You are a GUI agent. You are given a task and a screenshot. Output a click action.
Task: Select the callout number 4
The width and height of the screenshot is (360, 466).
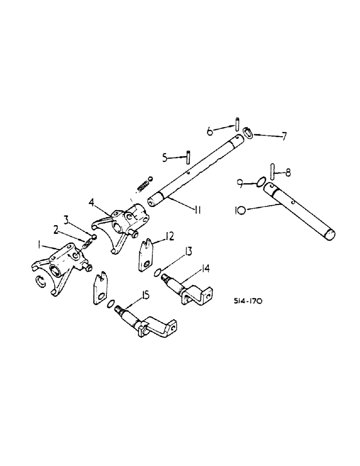92,204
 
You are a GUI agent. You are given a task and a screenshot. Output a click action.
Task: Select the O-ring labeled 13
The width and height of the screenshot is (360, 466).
159,272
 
